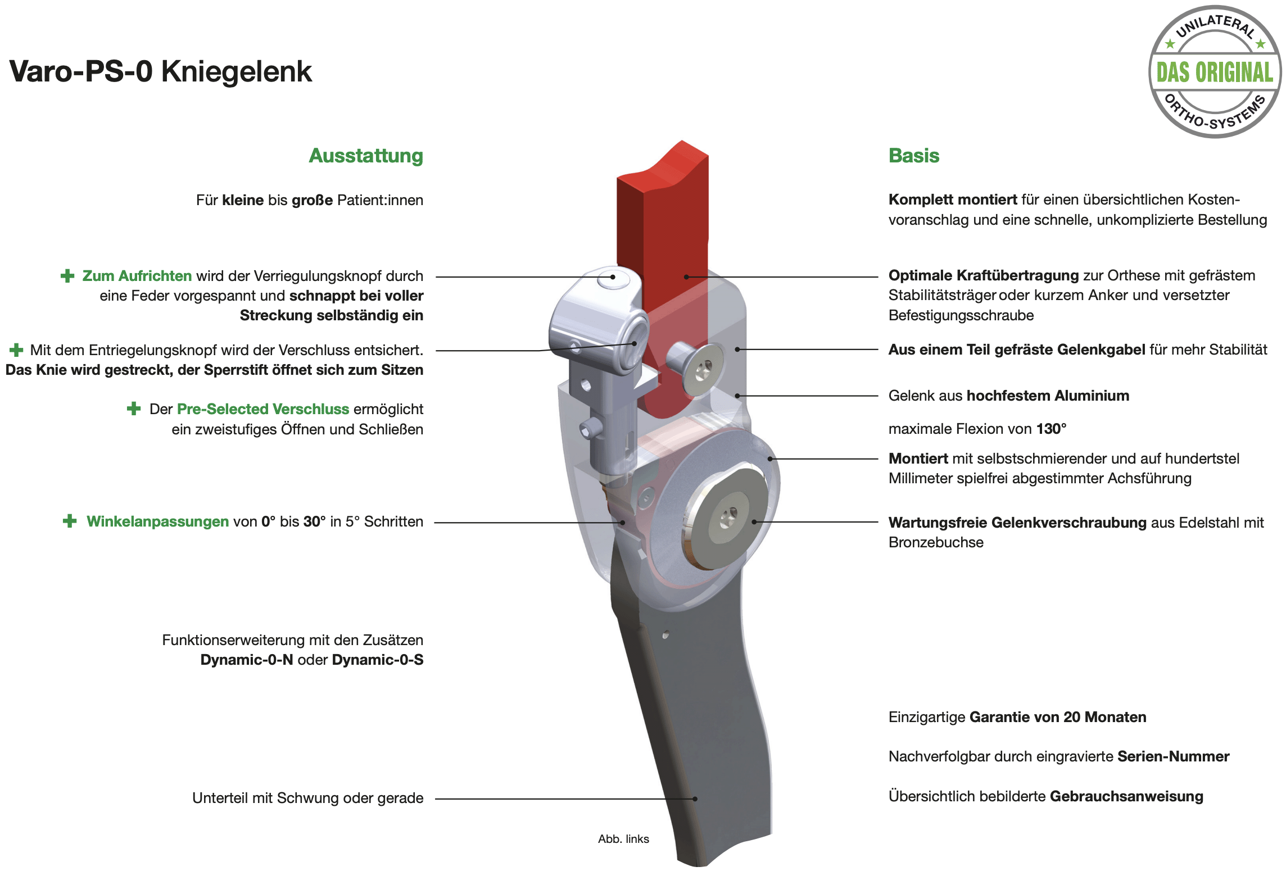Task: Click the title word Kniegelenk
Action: pyautogui.click(x=236, y=72)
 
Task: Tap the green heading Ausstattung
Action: pyautogui.click(x=366, y=156)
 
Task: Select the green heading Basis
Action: pyautogui.click(x=914, y=156)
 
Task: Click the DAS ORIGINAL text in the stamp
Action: pyautogui.click(x=1215, y=72)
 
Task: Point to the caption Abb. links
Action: pyautogui.click(x=623, y=839)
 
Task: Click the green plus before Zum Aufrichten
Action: pyautogui.click(x=67, y=276)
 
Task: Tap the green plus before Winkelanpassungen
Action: pyautogui.click(x=70, y=521)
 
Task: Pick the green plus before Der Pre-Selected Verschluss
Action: pyautogui.click(x=134, y=409)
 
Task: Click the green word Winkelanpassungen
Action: pyautogui.click(x=157, y=521)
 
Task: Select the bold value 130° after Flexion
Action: pyautogui.click(x=1051, y=429)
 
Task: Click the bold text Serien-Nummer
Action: pyautogui.click(x=1173, y=756)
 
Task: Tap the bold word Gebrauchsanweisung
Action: pyautogui.click(x=1126, y=796)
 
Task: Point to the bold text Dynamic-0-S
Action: pyautogui.click(x=378, y=660)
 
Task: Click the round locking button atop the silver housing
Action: pyautogui.click(x=613, y=278)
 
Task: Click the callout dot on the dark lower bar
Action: pyautogui.click(x=695, y=799)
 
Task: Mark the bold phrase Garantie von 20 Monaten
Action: pyautogui.click(x=1058, y=717)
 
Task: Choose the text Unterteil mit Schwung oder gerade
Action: pyautogui.click(x=307, y=798)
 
